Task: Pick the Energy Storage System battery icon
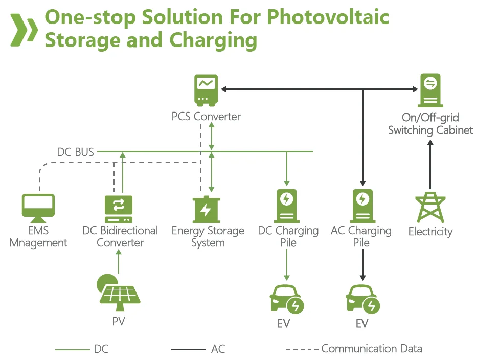[x=206, y=209]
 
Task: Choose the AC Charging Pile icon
[x=362, y=205]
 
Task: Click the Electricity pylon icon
[x=430, y=207]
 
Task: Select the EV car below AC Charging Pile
[x=362, y=300]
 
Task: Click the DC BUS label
[x=75, y=152]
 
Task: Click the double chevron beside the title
[x=24, y=29]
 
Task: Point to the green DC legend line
[x=72, y=350]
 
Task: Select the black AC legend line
[x=188, y=350]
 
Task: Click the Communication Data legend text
[x=372, y=349]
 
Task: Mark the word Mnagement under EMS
[x=39, y=243]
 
